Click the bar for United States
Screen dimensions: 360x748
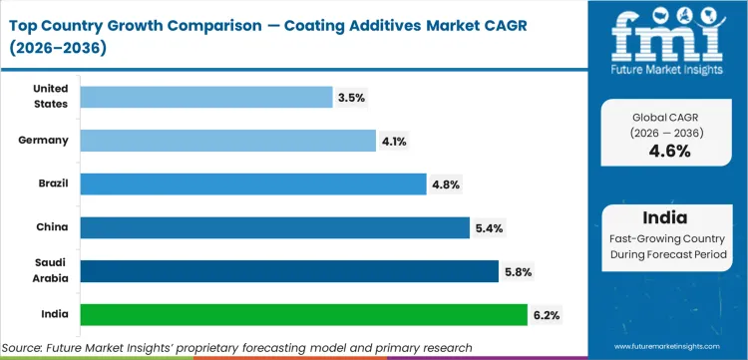pyautogui.click(x=205, y=97)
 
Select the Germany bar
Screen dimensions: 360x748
pyautogui.click(x=227, y=141)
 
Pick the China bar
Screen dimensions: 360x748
pyautogui.click(x=274, y=227)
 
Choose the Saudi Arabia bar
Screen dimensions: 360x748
pyautogui.click(x=288, y=271)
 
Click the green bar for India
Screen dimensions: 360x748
pyautogui.click(x=303, y=315)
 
